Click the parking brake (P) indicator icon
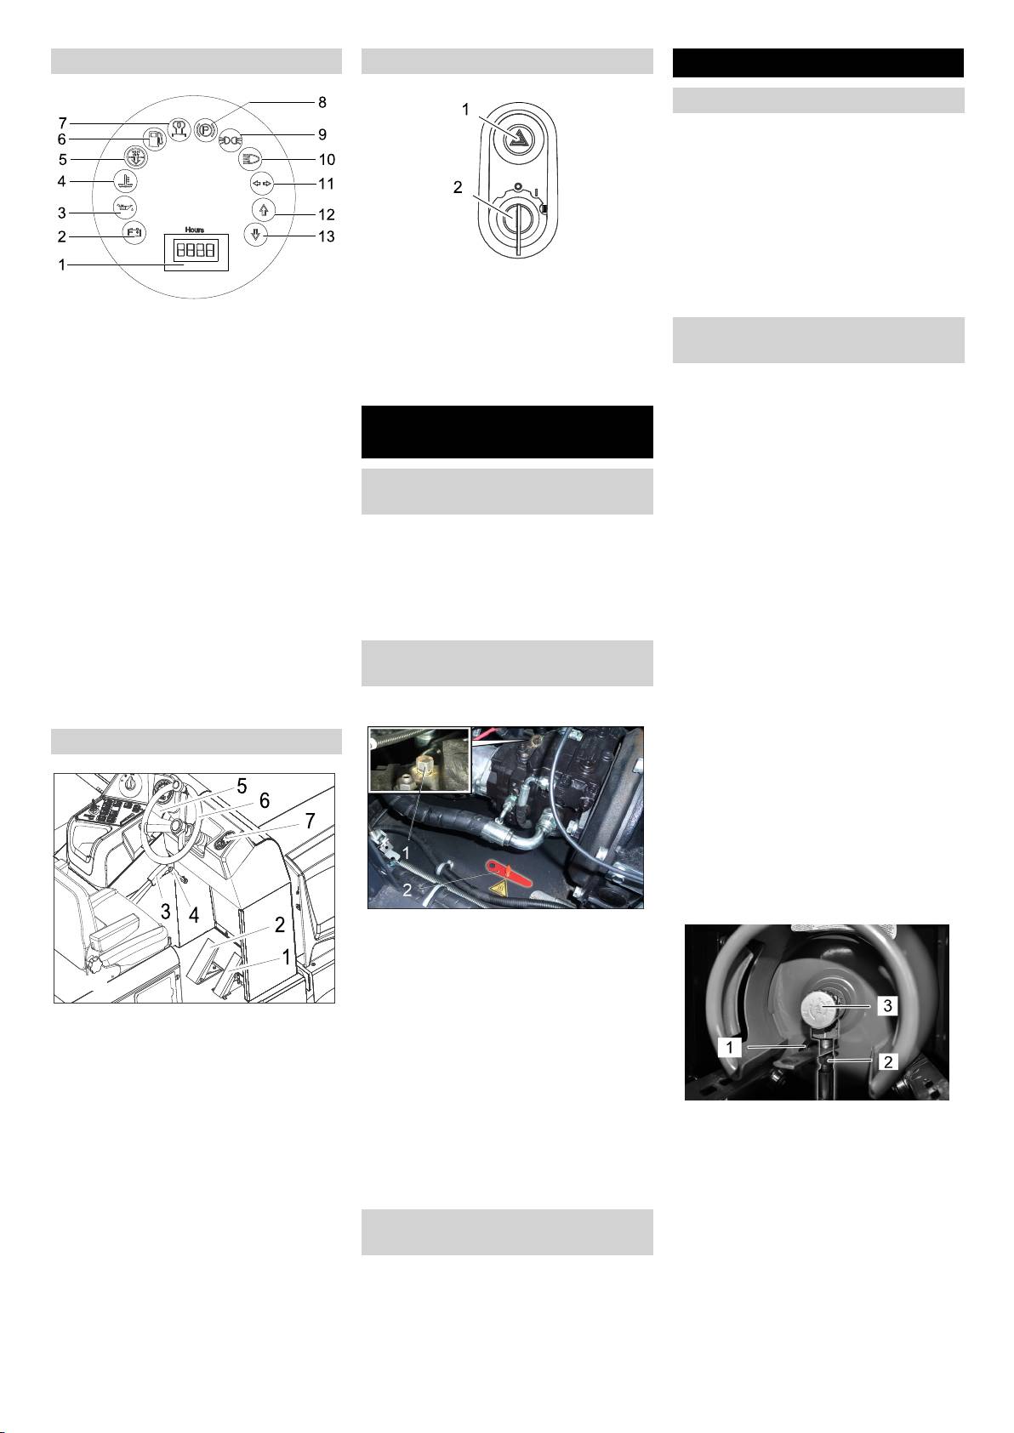pyautogui.click(x=205, y=129)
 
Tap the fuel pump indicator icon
pyautogui.click(x=154, y=139)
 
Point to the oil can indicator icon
pyautogui.click(x=125, y=207)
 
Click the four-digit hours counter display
pyautogui.click(x=196, y=249)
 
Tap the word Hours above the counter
pyautogui.click(x=195, y=230)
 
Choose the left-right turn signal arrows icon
pyautogui.click(x=261, y=184)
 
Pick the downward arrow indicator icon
pyautogui.click(x=256, y=234)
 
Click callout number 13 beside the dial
pyautogui.click(x=327, y=236)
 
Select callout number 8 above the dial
pyautogui.click(x=322, y=102)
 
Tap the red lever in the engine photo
pyautogui.click(x=510, y=874)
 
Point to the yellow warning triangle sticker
pyautogui.click(x=497, y=889)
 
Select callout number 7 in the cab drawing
pyautogui.click(x=310, y=821)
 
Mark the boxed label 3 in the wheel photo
pyautogui.click(x=887, y=1006)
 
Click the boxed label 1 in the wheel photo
pyautogui.click(x=729, y=1047)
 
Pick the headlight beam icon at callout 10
pyautogui.click(x=250, y=159)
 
